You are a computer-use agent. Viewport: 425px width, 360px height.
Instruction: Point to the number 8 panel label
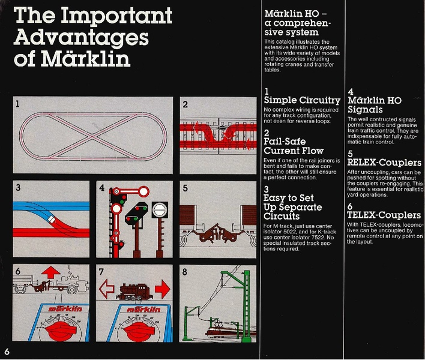[x=185, y=271]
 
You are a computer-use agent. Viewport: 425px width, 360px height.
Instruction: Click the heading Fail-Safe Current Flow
[x=294, y=146]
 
